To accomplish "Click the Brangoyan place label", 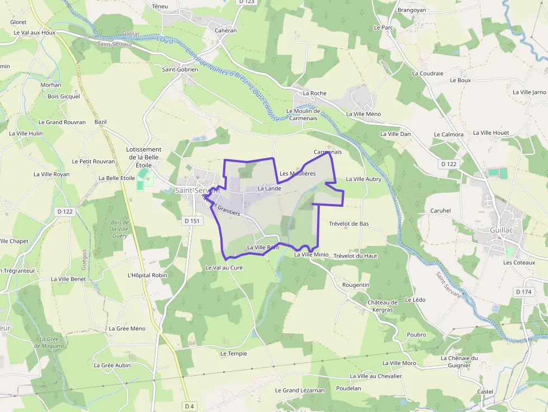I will click(x=412, y=10).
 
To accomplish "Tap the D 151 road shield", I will click(x=192, y=221).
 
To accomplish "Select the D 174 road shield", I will click(x=524, y=292).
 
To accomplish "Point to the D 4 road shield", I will click(x=190, y=406).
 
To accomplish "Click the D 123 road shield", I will click(x=246, y=2).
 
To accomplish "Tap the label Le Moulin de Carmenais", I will click(x=302, y=115).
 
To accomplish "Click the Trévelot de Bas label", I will click(x=349, y=224).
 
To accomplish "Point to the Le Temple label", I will click(x=233, y=353).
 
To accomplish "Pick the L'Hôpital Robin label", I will click(x=148, y=275).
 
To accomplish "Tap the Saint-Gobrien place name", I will click(x=180, y=70).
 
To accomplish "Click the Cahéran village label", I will click(x=226, y=31).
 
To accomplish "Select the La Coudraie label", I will click(x=427, y=73).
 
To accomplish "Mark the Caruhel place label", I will click(x=441, y=211).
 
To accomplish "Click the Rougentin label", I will click(x=356, y=285).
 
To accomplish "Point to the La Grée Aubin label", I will click(x=112, y=365).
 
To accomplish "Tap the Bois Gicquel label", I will click(x=64, y=96).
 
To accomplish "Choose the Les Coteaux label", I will click(x=519, y=262).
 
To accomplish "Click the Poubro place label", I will click(x=417, y=335).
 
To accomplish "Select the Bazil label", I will click(x=101, y=122).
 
